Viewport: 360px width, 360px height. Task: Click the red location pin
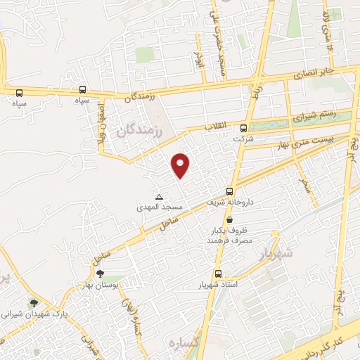point(181,165)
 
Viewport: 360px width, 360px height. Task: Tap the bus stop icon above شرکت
point(244,129)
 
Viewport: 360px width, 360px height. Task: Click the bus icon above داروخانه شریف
point(230,191)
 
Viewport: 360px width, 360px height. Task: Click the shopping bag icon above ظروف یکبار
point(230,220)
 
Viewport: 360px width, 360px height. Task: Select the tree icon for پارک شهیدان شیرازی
point(34,303)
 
